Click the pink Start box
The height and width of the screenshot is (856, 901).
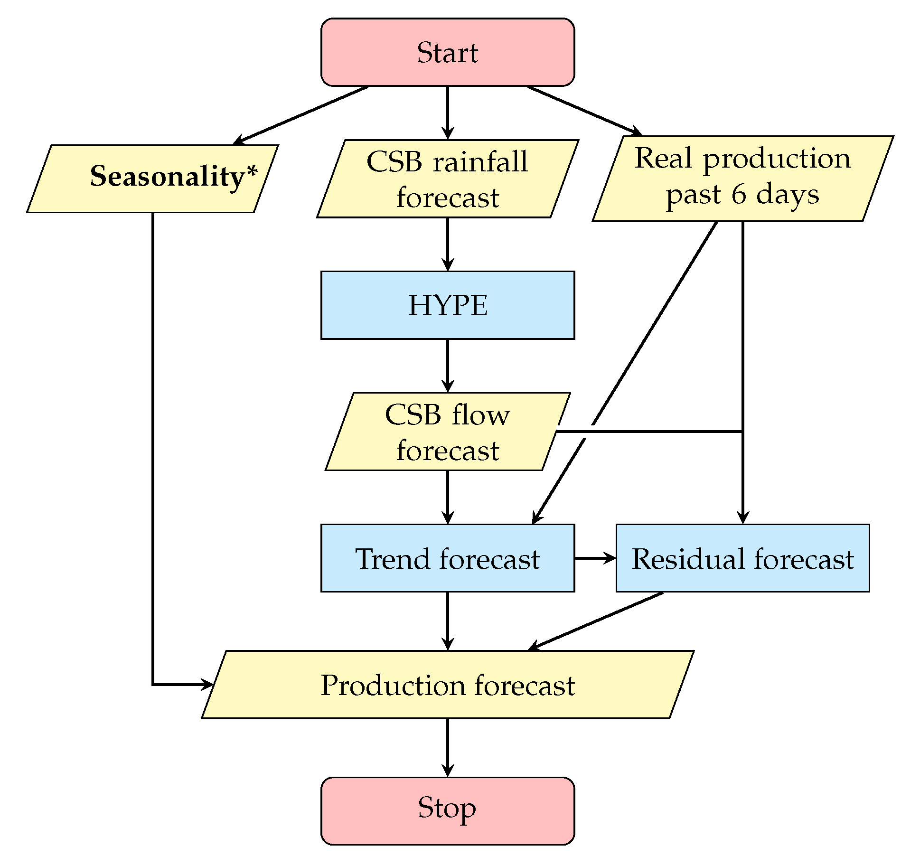(447, 52)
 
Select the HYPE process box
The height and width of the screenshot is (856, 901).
(447, 305)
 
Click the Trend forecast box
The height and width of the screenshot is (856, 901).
(447, 558)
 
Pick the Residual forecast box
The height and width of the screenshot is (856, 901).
(742, 558)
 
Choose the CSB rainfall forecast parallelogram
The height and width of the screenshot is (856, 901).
(447, 179)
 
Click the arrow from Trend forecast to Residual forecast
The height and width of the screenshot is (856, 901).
(595, 558)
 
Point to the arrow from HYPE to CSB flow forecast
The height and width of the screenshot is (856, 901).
(447, 366)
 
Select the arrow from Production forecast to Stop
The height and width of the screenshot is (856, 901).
(447, 747)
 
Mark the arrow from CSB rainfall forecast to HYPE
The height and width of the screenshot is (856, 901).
(447, 244)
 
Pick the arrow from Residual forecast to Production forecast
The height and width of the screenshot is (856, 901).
(596, 621)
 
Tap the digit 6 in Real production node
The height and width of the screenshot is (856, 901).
(738, 195)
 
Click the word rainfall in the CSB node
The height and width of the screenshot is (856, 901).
(480, 161)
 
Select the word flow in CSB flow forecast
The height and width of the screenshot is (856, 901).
(480, 414)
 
